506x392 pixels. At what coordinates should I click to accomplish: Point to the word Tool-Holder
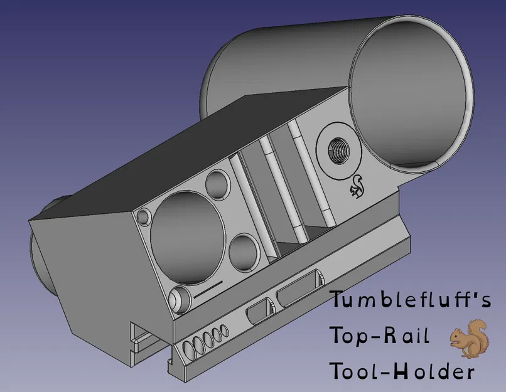tap(402, 371)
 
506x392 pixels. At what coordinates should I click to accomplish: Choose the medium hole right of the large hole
tap(244, 251)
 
